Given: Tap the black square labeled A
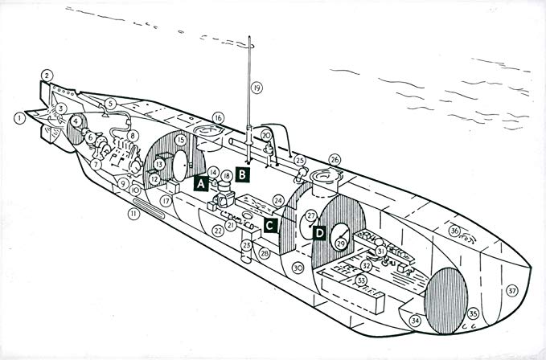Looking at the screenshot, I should point(199,182).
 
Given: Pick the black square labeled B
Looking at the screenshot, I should point(244,173).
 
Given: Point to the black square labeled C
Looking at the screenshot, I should point(270,226).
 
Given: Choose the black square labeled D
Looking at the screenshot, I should point(319,233).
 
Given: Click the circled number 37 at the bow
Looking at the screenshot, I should point(512,291).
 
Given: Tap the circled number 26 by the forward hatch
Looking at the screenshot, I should point(335,159).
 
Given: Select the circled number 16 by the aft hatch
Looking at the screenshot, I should point(218,117).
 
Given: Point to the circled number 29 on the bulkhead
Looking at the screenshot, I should point(340,243).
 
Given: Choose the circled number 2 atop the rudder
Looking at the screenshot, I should point(48,75).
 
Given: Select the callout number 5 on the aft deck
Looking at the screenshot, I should point(110,103).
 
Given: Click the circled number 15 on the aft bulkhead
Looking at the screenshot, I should point(181,140).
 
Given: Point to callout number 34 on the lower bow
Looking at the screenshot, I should point(415,321).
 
